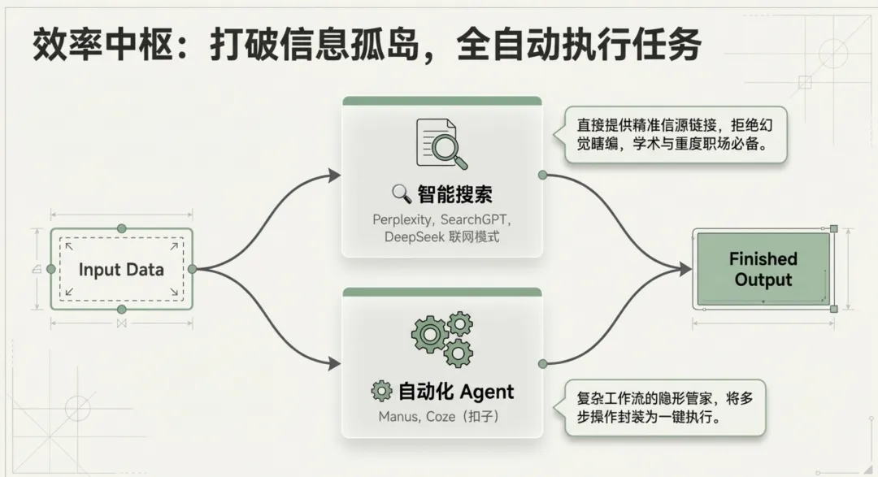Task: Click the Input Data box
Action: point(121,270)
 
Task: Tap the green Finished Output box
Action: point(762,270)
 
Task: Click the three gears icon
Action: point(442,337)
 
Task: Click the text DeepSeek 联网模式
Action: point(441,236)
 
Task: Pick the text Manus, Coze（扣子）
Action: point(441,416)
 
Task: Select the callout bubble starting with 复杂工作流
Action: point(664,409)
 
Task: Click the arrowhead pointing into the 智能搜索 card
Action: point(334,175)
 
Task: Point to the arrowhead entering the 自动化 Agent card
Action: point(334,364)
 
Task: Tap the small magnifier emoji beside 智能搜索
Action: point(401,193)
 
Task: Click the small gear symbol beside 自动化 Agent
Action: point(381,392)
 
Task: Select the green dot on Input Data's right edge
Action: point(192,269)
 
